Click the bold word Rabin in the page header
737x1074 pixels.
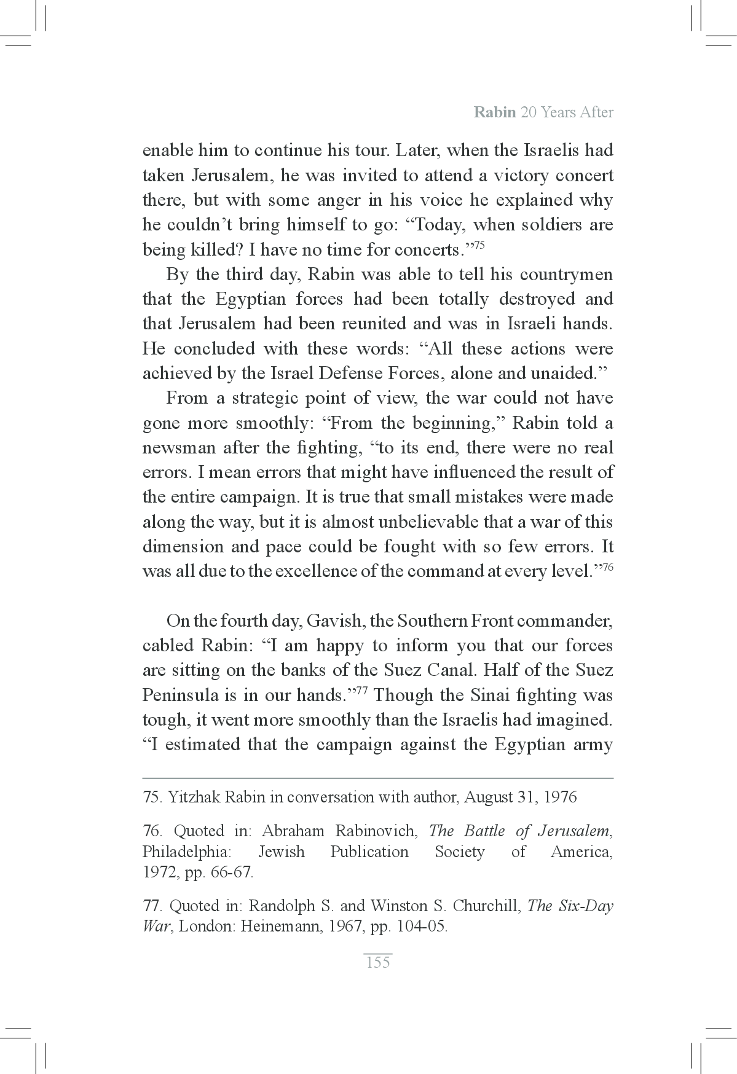tap(495, 112)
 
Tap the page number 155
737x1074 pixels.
tap(377, 962)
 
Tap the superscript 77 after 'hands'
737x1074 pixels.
tap(362, 691)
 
